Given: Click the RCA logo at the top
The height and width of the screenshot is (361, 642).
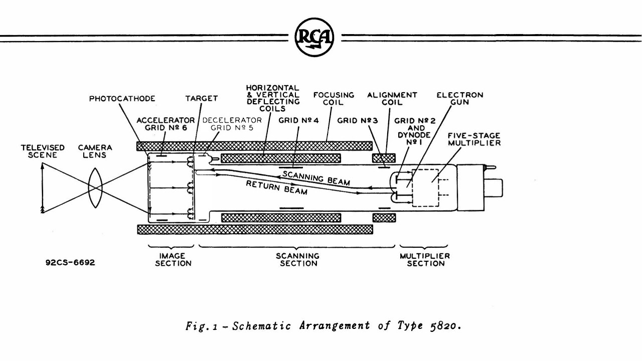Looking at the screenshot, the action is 314,37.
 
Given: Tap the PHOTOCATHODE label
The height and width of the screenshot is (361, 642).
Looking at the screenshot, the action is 122,99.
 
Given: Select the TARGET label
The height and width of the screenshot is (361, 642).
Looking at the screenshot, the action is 202,99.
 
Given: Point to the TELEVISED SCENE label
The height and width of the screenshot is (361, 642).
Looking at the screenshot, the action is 43,151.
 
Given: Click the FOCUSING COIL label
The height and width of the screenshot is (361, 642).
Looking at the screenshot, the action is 334,98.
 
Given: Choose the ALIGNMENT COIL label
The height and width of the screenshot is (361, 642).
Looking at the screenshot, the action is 392,98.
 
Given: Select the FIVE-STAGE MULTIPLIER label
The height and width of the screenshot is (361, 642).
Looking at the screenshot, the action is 474,139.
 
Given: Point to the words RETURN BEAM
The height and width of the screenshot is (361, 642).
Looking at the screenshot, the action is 276,187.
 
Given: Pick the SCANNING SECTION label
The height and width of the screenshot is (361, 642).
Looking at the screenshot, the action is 297,259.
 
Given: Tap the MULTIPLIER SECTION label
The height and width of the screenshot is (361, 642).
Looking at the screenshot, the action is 425,259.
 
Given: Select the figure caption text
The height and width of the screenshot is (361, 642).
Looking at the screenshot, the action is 323,325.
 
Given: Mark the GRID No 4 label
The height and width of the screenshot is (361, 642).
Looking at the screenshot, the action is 298,120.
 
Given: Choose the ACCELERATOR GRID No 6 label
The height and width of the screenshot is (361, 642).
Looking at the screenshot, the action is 166,124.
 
